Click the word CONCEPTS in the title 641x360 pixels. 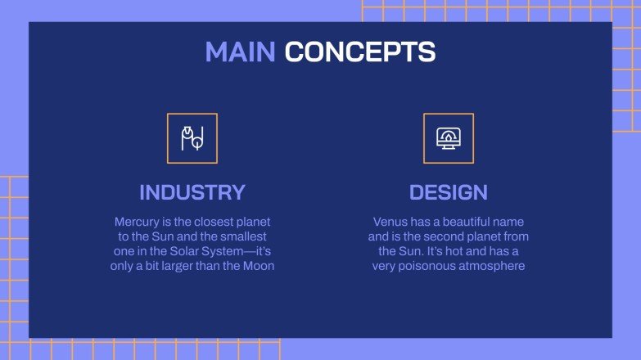pos(359,52)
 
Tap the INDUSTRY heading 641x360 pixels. pos(192,192)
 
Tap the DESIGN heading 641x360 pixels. pos(448,192)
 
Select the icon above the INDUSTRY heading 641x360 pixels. pos(192,138)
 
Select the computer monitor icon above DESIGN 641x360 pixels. pos(448,138)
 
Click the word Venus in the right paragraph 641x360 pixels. pos(390,222)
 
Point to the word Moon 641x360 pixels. pos(257,266)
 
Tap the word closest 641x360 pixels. pos(209,222)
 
